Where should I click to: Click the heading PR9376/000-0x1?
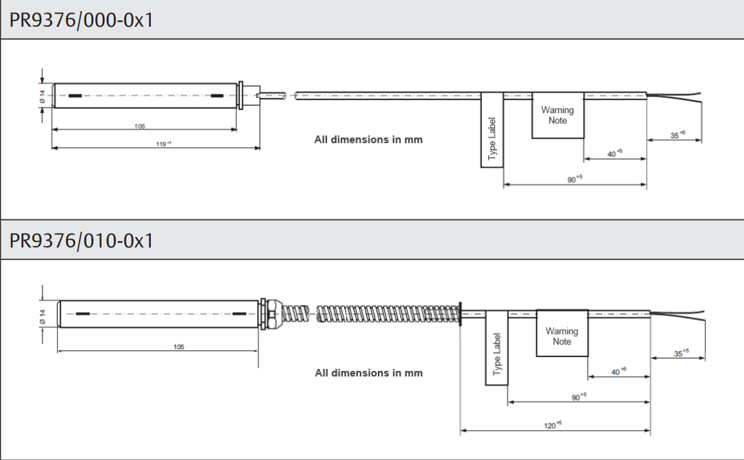(81, 19)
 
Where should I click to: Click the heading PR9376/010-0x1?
(81, 241)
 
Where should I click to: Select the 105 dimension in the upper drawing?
(140, 126)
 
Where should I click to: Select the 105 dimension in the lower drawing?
(179, 347)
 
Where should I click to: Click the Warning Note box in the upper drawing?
(557, 116)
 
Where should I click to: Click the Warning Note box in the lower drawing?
(562, 336)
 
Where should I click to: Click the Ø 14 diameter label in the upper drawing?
(42, 97)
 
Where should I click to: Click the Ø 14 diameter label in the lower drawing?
(42, 315)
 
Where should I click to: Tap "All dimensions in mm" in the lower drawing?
(369, 373)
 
